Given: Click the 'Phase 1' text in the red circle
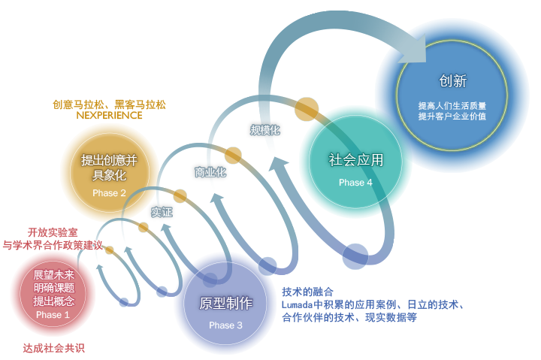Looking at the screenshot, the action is point(53,315).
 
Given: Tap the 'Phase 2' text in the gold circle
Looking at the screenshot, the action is point(109,193).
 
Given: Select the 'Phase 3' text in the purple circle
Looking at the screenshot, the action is point(225,325).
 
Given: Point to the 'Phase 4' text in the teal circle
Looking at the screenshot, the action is point(355,182).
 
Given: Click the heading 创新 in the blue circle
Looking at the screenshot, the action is point(452,81).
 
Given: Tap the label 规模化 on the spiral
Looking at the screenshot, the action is point(265,130).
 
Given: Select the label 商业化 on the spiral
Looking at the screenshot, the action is point(210,172).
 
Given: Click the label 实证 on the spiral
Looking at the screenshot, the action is point(162,212).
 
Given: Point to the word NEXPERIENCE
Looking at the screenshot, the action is point(109,115).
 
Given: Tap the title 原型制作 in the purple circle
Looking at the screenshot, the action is point(226,303).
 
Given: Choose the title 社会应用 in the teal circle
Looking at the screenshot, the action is point(355,160).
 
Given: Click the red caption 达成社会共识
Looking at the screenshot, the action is point(54,348).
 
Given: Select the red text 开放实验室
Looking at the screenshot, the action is point(53,232).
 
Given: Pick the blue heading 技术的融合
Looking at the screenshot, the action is point(307,292).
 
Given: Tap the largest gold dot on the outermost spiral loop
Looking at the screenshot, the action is point(307,109).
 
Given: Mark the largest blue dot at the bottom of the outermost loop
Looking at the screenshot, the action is point(355,256).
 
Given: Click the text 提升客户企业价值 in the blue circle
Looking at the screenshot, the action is point(452,116).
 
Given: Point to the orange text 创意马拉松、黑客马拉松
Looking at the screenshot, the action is point(109,104).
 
